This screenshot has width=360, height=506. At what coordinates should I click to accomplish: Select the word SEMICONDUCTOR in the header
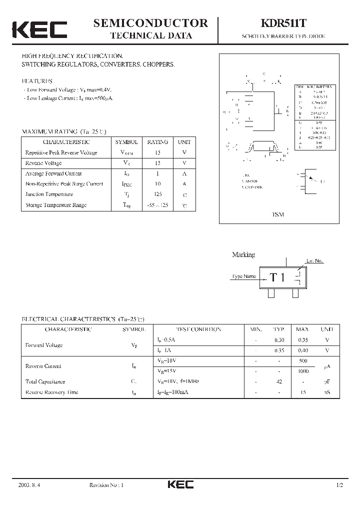(x=150, y=22)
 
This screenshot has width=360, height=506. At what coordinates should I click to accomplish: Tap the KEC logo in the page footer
(x=180, y=484)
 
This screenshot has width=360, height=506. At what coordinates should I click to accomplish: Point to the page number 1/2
(x=340, y=485)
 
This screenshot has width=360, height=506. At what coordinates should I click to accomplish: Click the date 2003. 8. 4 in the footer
(x=29, y=485)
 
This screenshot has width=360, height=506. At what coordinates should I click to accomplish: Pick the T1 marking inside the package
(x=277, y=277)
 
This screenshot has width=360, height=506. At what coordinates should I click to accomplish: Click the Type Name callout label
(x=244, y=276)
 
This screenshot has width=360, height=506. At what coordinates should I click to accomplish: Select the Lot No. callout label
(x=315, y=261)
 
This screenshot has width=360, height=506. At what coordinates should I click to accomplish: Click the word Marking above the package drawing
(x=243, y=254)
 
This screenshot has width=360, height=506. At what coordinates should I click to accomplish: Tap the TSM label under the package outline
(x=277, y=214)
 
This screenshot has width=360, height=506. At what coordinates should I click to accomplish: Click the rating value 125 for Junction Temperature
(x=157, y=194)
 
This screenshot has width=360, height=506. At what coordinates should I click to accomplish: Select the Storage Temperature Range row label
(x=56, y=205)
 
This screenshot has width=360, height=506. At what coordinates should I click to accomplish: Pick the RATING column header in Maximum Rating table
(x=157, y=142)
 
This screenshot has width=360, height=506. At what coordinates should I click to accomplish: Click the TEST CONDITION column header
(x=198, y=329)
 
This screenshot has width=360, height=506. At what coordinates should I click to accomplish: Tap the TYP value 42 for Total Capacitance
(x=279, y=381)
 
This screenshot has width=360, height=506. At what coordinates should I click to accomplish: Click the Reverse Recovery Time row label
(x=52, y=392)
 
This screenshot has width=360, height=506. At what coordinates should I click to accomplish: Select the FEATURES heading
(x=37, y=80)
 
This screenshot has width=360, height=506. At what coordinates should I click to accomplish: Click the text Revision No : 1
(x=106, y=485)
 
